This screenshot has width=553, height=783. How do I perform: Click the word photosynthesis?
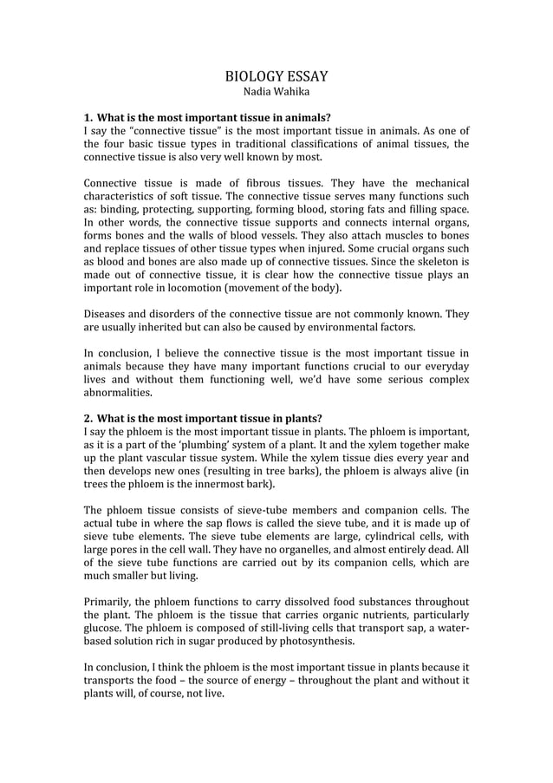(310, 643)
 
